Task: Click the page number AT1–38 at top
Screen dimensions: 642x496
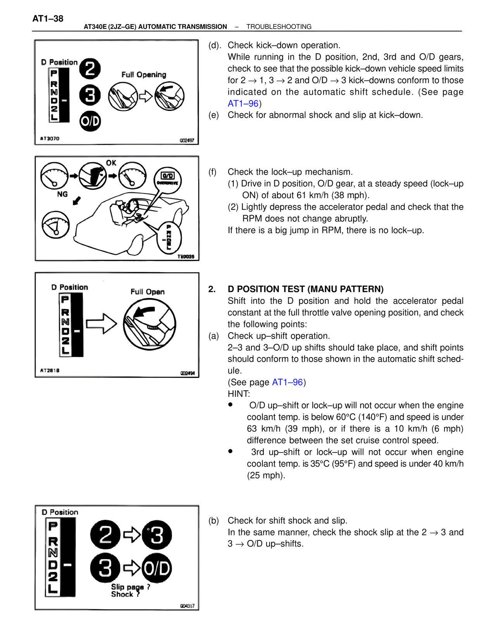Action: (x=48, y=18)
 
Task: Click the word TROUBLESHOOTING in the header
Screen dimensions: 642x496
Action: (x=279, y=27)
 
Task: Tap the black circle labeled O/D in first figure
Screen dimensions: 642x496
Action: (x=90, y=121)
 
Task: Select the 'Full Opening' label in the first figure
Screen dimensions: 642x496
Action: (x=144, y=74)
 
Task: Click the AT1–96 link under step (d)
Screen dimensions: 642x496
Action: (x=243, y=104)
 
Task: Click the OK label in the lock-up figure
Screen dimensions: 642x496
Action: (x=111, y=163)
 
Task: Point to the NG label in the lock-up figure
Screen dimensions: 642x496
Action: (x=62, y=194)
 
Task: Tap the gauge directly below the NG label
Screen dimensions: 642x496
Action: (x=55, y=224)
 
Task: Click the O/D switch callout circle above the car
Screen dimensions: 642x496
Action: (x=167, y=179)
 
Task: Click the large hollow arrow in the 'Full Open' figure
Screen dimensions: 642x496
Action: (x=101, y=323)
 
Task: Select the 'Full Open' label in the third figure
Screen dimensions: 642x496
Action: (x=147, y=292)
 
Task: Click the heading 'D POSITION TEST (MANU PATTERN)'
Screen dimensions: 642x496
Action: (x=305, y=289)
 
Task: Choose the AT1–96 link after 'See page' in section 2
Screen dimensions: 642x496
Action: (x=287, y=382)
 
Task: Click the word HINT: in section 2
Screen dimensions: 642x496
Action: (x=239, y=394)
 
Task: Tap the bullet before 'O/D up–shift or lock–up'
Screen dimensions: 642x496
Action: (x=230, y=405)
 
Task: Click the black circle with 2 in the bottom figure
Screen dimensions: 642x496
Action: (x=105, y=535)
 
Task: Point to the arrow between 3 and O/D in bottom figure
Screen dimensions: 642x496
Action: (x=132, y=568)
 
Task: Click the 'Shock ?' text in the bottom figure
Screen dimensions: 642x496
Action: (x=125, y=594)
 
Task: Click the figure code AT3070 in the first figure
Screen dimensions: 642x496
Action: (x=50, y=138)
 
